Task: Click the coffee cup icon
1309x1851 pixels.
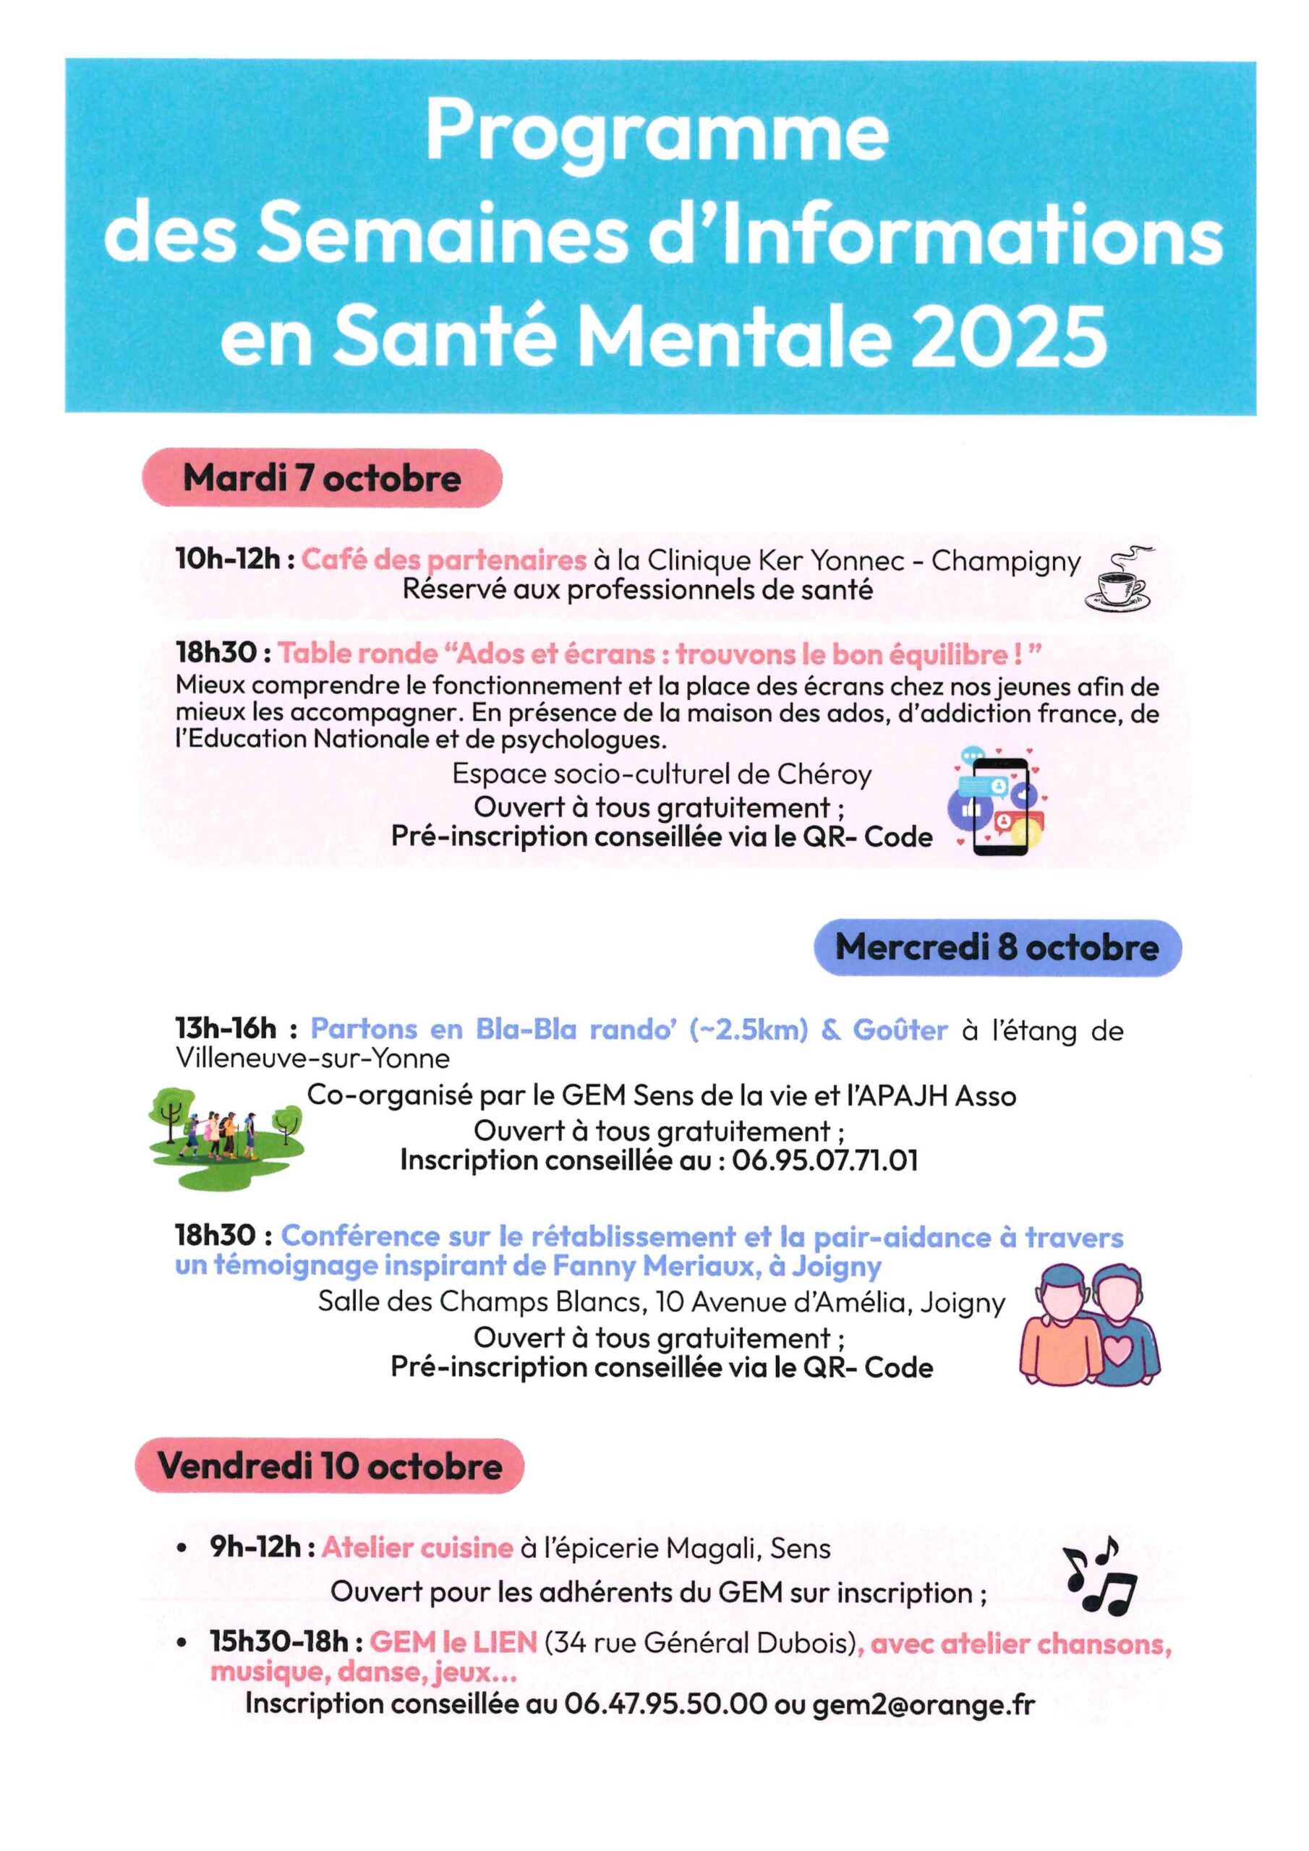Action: [1119, 579]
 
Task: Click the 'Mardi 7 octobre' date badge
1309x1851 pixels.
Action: [323, 478]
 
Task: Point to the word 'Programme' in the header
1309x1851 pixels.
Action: [657, 132]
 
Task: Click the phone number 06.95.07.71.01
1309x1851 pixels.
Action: [824, 1161]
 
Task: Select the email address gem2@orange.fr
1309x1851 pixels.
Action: [923, 1704]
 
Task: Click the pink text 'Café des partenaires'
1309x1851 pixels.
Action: [443, 560]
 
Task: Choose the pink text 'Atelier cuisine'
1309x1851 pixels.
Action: [417, 1548]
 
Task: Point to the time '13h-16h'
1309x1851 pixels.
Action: [226, 1029]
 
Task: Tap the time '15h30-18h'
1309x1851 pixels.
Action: [279, 1641]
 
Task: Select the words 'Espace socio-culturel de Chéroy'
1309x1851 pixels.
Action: [661, 774]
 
